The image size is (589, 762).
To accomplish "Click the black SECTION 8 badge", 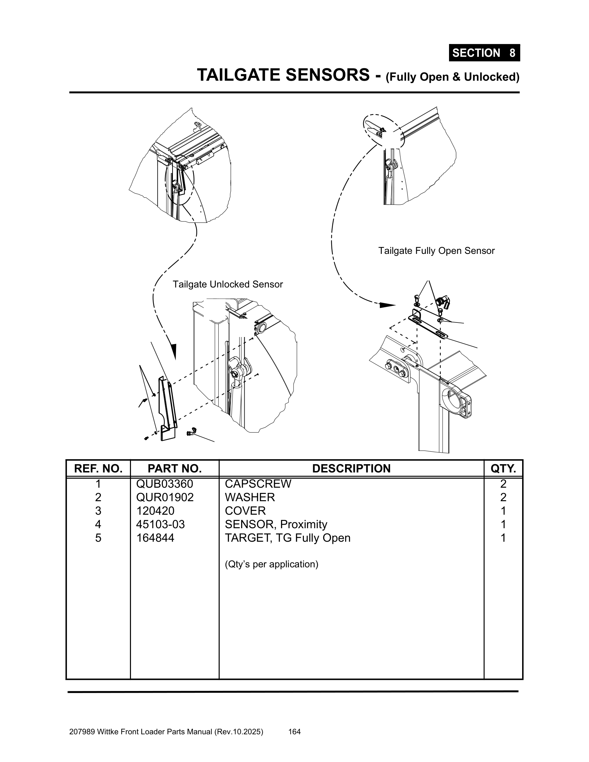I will click(484, 53).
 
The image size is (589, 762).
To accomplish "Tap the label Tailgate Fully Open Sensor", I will click(436, 251).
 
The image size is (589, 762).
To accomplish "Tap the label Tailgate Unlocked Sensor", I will click(228, 284).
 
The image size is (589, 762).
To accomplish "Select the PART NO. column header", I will click(175, 468).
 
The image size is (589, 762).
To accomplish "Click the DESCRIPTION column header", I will click(351, 468).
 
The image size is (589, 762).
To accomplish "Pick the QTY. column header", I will click(503, 468).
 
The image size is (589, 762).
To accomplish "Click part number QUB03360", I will click(164, 484).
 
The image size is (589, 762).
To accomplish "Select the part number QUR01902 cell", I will click(165, 497).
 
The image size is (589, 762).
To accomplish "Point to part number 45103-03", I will click(160, 524).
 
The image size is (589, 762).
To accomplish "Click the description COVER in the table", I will click(245, 511).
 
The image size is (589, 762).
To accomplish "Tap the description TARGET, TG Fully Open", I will click(288, 538).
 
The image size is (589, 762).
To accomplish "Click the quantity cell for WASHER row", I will click(503, 497).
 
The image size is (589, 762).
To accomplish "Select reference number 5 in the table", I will click(98, 538).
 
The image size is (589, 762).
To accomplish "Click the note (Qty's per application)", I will click(272, 564).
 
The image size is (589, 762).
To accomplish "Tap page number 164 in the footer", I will click(294, 732).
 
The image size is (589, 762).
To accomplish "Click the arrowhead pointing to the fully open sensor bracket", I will click(387, 305).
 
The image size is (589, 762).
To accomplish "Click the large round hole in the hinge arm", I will click(452, 402).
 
